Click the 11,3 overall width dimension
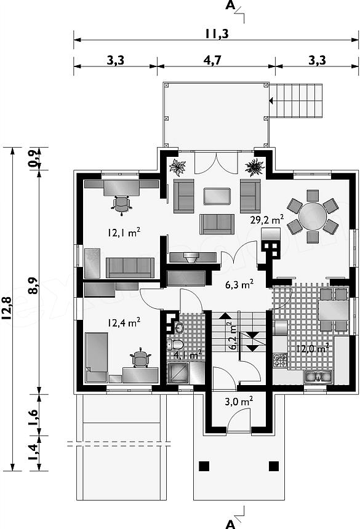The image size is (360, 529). pyautogui.click(x=216, y=33)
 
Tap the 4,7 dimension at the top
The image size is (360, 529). pyautogui.click(x=212, y=60)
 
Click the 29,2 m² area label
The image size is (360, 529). pyautogui.click(x=267, y=220)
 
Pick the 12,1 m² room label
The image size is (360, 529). pyautogui.click(x=124, y=232)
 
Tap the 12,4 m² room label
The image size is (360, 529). pyautogui.click(x=124, y=323)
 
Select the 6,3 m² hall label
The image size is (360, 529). pyautogui.click(x=239, y=284)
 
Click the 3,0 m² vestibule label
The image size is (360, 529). pyautogui.click(x=239, y=402)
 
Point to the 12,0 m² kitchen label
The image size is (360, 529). pyautogui.click(x=313, y=349)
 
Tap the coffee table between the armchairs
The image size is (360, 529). pyautogui.click(x=217, y=196)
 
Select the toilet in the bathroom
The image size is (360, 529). pyautogui.click(x=175, y=344)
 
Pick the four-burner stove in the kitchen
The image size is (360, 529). pyautogui.click(x=280, y=360)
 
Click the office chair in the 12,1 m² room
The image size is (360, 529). pyautogui.click(x=121, y=205)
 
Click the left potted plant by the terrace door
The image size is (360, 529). pyautogui.click(x=178, y=167)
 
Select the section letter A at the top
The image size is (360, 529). pyautogui.click(x=230, y=6)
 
